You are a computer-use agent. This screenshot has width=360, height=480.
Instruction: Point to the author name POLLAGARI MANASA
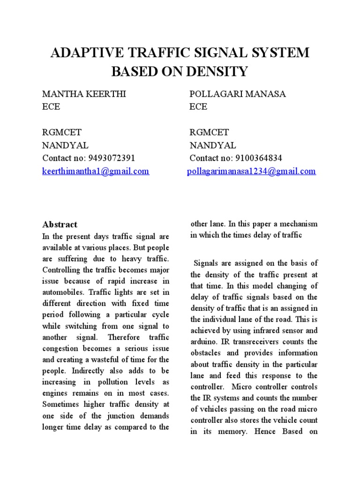pyautogui.click(x=238, y=94)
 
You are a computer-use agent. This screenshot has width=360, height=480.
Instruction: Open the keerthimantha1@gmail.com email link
pyautogui.click(x=96, y=171)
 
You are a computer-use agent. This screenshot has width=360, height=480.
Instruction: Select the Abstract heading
pyautogui.click(x=60, y=225)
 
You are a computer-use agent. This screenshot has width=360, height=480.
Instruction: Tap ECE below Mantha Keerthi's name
pyautogui.click(x=51, y=107)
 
